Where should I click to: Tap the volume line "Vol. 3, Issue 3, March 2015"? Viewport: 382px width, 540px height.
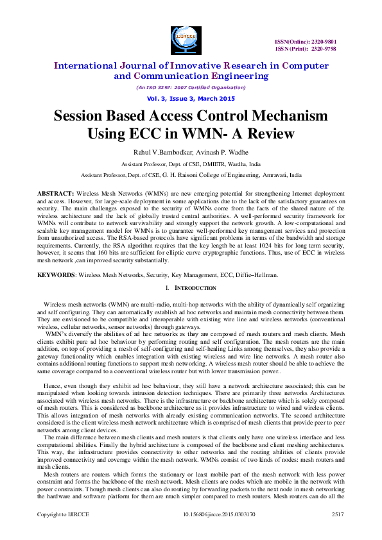[x=190, y=98]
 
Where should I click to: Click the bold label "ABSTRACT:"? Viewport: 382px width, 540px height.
[x=55, y=193]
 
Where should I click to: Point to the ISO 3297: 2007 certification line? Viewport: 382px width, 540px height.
[x=190, y=87]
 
